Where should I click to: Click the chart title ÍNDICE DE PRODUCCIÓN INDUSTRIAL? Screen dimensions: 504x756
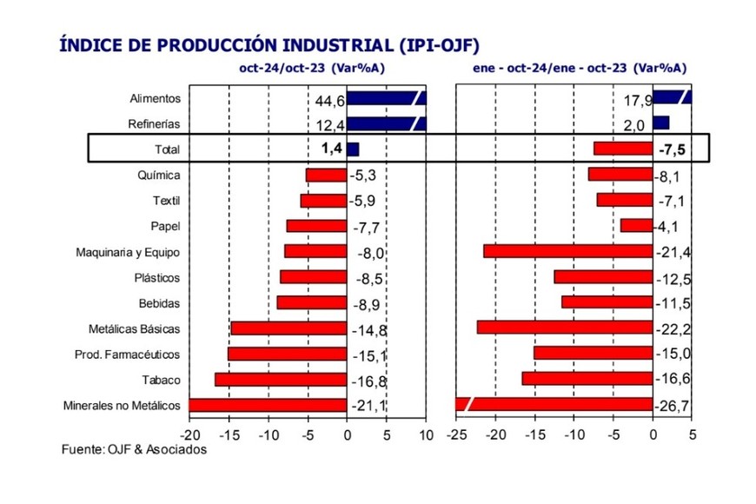(269, 44)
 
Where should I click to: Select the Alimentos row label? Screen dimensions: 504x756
(154, 99)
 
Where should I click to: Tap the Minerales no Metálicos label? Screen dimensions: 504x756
(122, 405)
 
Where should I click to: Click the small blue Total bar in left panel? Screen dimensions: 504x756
(353, 149)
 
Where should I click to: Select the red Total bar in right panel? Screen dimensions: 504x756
(623, 149)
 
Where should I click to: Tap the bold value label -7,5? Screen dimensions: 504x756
(672, 149)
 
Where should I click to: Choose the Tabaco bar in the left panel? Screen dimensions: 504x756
(281, 380)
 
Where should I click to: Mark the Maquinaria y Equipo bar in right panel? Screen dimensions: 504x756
(568, 252)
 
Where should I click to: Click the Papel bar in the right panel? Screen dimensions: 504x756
(636, 226)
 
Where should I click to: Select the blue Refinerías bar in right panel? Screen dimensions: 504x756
(660, 123)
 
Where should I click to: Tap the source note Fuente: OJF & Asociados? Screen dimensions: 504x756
(135, 449)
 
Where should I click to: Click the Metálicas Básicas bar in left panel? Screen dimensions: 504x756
(288, 328)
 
